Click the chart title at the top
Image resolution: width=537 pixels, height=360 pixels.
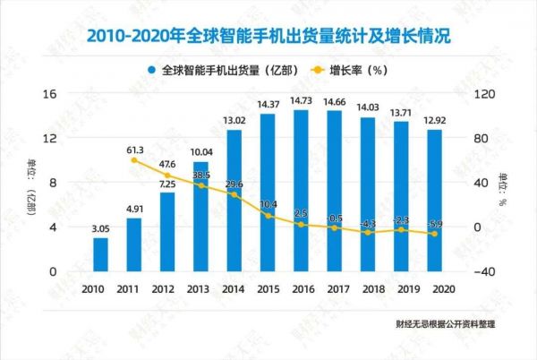(x=269, y=37)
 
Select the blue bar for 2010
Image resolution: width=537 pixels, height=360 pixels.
(x=100, y=254)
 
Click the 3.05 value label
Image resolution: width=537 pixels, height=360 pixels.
(x=100, y=229)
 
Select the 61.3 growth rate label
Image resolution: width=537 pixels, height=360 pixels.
(x=134, y=148)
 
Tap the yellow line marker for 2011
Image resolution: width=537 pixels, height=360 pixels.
(x=134, y=160)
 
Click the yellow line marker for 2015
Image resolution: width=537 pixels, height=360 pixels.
(x=268, y=217)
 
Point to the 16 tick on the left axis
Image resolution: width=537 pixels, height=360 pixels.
(x=52, y=94)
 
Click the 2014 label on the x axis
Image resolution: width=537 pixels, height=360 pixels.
(x=234, y=290)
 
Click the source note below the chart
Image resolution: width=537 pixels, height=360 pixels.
(x=444, y=323)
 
